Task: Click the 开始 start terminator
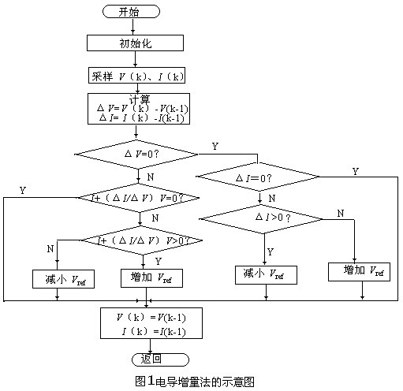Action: [131, 12]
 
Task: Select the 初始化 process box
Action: [134, 43]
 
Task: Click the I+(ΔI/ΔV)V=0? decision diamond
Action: [137, 196]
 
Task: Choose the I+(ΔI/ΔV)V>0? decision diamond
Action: [139, 239]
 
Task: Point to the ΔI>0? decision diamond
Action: [260, 216]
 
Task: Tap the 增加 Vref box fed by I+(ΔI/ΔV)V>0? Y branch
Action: [151, 278]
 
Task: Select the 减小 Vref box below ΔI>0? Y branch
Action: [266, 275]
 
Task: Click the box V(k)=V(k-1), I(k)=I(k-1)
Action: [151, 323]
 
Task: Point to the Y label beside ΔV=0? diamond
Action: [215, 147]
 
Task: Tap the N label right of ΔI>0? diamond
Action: [340, 213]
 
